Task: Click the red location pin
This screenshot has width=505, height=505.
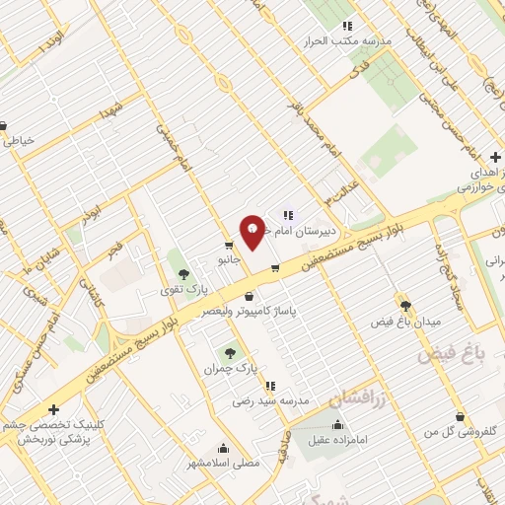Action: (x=252, y=230)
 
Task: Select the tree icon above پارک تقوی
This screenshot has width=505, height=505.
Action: (x=184, y=273)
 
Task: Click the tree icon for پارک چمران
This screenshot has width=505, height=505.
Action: (x=231, y=350)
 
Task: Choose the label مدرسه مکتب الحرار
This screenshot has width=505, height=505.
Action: (x=351, y=42)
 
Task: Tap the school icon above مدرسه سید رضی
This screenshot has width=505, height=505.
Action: (x=270, y=386)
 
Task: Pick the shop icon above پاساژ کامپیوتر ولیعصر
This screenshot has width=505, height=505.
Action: (x=248, y=296)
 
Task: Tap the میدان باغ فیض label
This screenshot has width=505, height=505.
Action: (x=406, y=323)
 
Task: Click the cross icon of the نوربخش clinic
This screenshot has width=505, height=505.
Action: (x=53, y=409)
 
